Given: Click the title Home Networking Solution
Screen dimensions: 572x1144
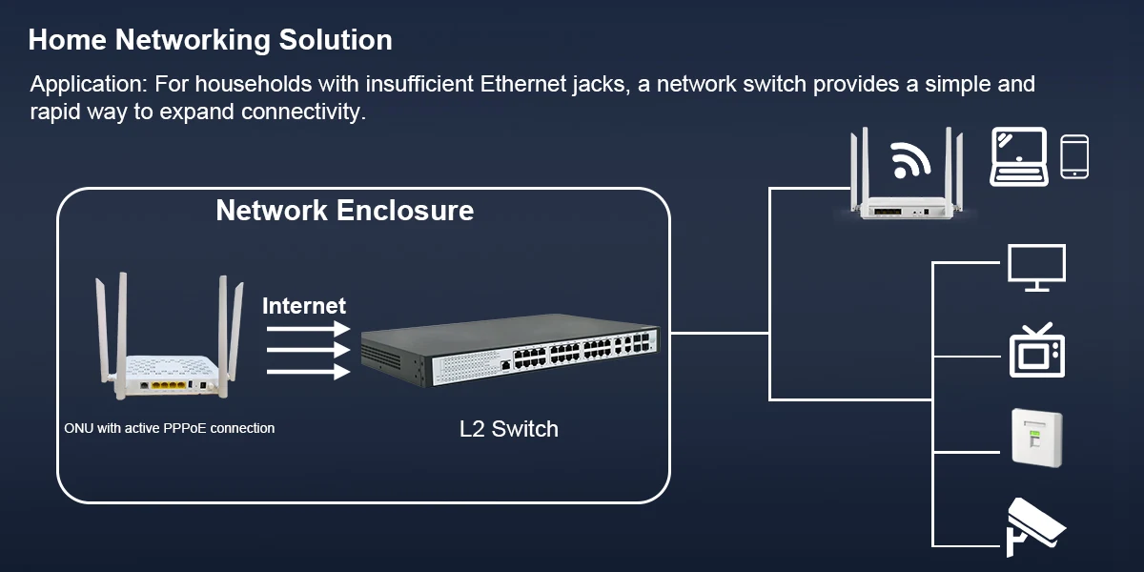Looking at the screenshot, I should pyautogui.click(x=210, y=40).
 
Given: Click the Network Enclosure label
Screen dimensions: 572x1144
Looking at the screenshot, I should pyautogui.click(x=344, y=210).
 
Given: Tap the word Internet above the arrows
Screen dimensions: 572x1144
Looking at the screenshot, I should pyautogui.click(x=304, y=306).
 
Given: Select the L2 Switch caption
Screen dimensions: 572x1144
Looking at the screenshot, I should pyautogui.click(x=508, y=429).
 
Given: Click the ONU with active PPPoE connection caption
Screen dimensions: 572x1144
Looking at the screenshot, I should pyautogui.click(x=169, y=428).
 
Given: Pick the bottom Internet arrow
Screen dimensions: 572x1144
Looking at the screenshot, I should pyautogui.click(x=307, y=373).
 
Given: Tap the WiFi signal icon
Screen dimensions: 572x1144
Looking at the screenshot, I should pyautogui.click(x=911, y=159).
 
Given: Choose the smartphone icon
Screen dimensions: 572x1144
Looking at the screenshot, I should pyautogui.click(x=1074, y=156).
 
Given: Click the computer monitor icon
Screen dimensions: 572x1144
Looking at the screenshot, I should pyautogui.click(x=1036, y=268).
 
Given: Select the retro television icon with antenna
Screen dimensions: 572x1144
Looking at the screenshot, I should pyautogui.click(x=1037, y=350).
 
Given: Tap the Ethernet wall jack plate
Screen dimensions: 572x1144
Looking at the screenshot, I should pyautogui.click(x=1037, y=438).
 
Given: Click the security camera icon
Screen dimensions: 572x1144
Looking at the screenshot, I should pyautogui.click(x=1035, y=525).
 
